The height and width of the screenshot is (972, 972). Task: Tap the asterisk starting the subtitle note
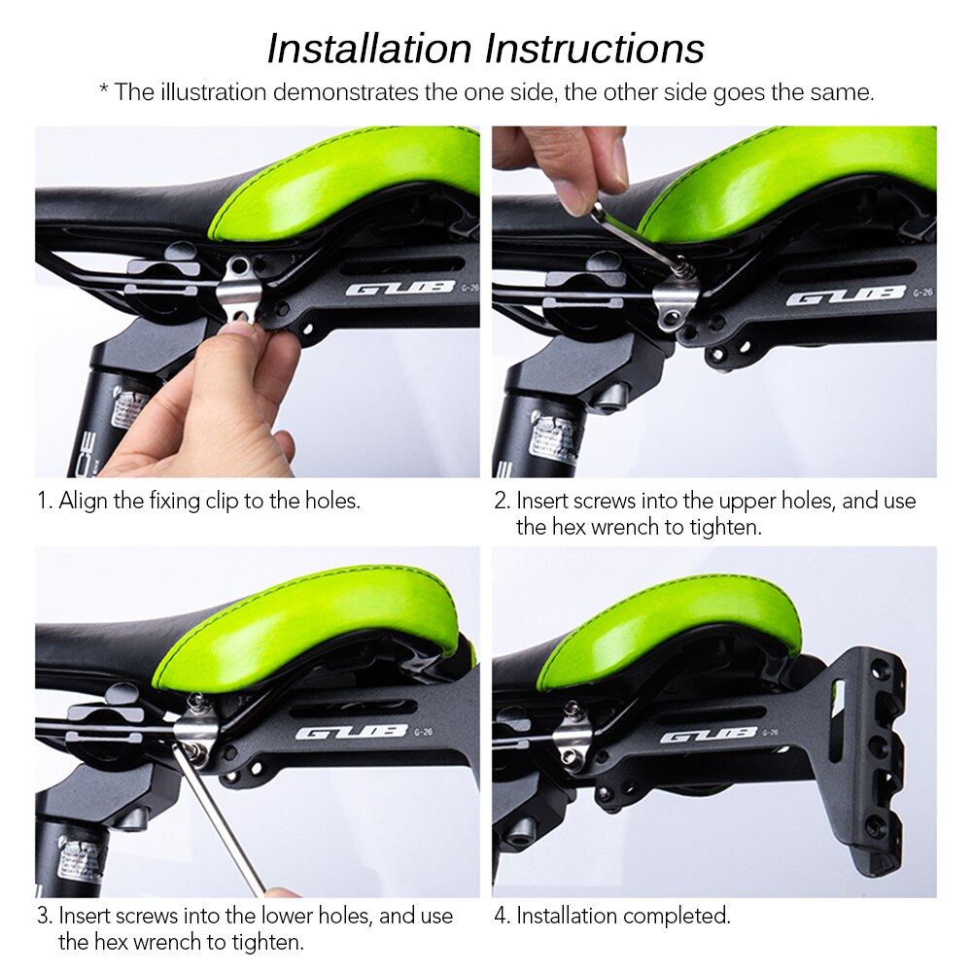point(104,91)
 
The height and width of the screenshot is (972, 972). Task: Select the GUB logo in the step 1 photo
point(399,288)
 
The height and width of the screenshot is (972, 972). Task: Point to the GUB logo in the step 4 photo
point(710,735)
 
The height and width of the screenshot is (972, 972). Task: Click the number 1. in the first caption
point(44,502)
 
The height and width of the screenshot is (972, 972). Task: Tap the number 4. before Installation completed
point(502,916)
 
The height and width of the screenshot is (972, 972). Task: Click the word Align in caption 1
point(82,502)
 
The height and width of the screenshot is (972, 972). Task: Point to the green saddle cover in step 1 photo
point(350,180)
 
